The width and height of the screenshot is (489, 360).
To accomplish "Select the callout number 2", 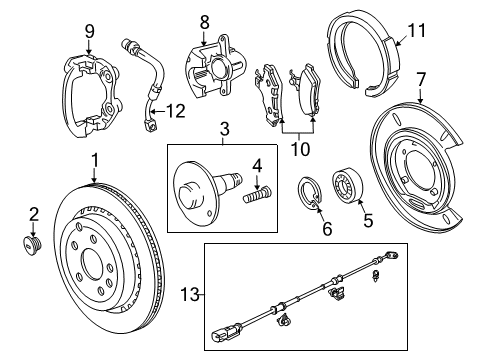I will [x=32, y=213].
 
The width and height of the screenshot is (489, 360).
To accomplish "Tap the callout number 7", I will [x=421, y=77].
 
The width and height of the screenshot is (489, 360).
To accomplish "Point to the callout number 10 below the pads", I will [x=295, y=149].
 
